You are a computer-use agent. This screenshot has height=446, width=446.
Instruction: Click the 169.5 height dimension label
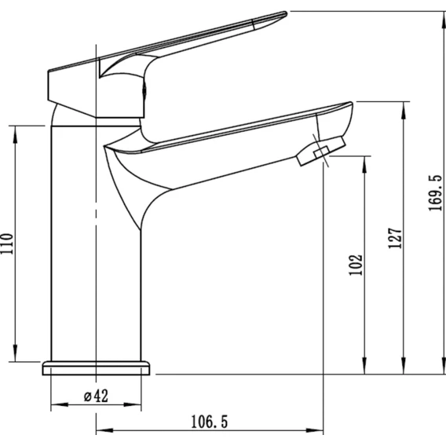(436, 193)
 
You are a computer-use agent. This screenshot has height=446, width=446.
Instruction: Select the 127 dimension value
(396, 238)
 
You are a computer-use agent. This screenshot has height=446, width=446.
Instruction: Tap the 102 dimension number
(356, 265)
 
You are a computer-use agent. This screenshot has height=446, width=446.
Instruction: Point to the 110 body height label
(7, 243)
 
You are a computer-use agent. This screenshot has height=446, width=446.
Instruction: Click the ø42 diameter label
(96, 396)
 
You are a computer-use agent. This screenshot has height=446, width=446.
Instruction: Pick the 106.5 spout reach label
(210, 422)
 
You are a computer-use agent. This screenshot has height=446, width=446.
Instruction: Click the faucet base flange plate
(96, 368)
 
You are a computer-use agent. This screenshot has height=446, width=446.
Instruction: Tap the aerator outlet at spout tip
(321, 151)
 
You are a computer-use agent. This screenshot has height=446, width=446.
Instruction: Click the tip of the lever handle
(285, 13)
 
